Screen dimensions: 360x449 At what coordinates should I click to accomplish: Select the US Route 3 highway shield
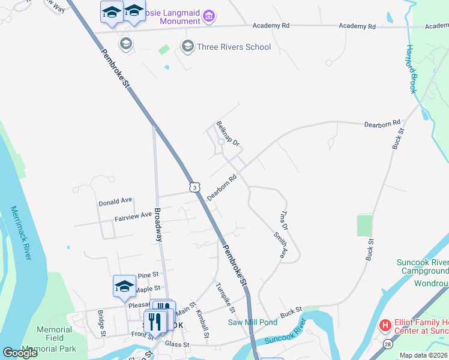194,188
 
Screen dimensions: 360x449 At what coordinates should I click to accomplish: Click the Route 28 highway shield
387,343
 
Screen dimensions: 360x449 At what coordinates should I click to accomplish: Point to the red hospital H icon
385,325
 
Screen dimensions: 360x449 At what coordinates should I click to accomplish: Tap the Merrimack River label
22,233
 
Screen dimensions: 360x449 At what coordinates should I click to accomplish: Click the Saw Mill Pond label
253,322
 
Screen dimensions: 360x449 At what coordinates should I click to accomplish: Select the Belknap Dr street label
228,134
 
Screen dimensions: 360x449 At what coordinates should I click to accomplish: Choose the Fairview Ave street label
133,216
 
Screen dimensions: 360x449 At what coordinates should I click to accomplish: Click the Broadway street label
158,224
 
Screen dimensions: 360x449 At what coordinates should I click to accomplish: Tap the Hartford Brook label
411,69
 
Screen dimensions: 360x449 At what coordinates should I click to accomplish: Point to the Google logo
20,353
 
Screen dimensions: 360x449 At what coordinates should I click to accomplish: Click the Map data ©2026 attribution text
424,355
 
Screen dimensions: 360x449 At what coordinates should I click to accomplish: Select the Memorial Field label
55,334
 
